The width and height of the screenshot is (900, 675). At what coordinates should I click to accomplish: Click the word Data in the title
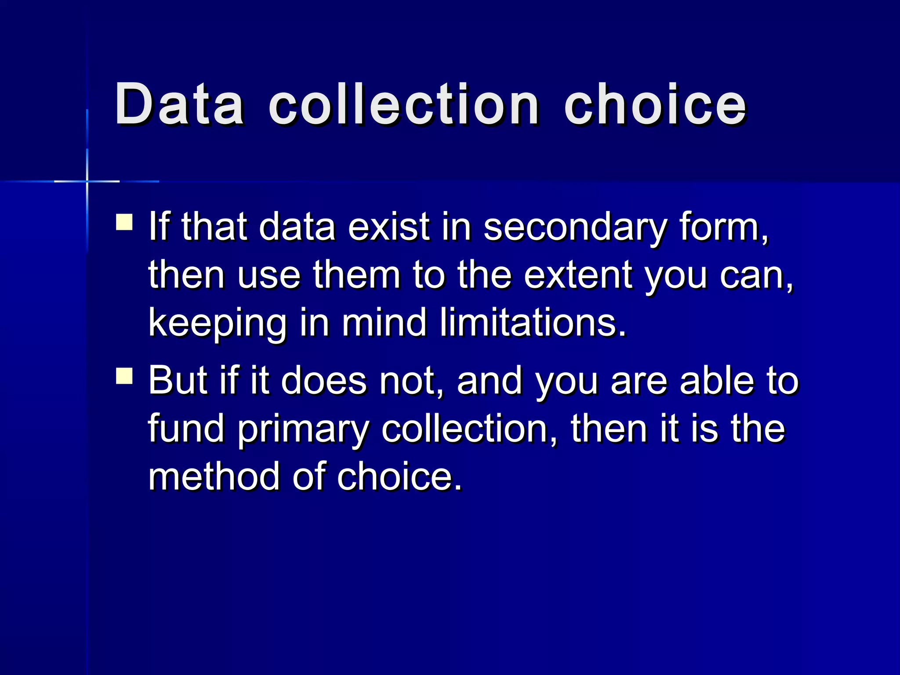179,105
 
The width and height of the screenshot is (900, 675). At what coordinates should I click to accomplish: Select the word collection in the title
403,105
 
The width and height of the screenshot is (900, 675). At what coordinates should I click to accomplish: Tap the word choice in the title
655,105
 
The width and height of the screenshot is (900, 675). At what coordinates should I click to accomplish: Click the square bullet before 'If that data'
124,222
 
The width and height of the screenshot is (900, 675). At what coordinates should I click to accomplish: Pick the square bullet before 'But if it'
124,376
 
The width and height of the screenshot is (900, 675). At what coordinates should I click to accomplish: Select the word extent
579,275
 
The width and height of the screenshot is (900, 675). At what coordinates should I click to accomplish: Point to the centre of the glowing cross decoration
87,181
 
